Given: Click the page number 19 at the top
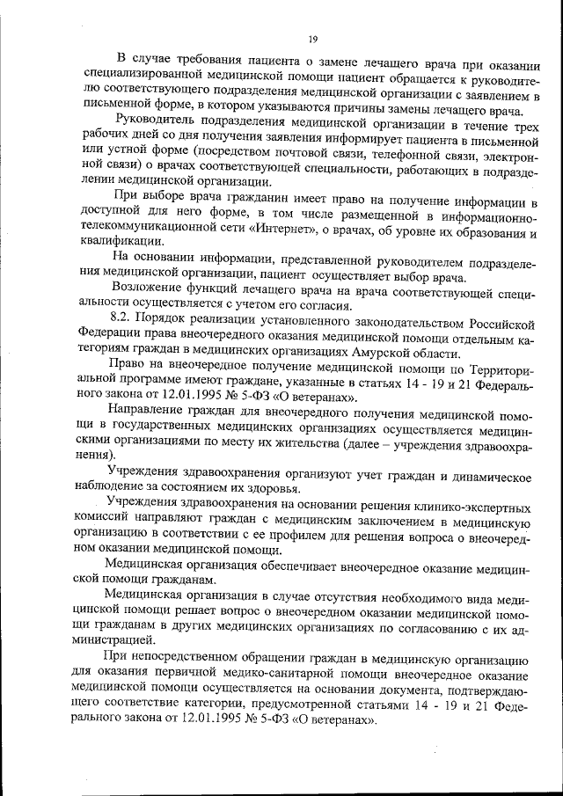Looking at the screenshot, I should [x=312, y=40].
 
